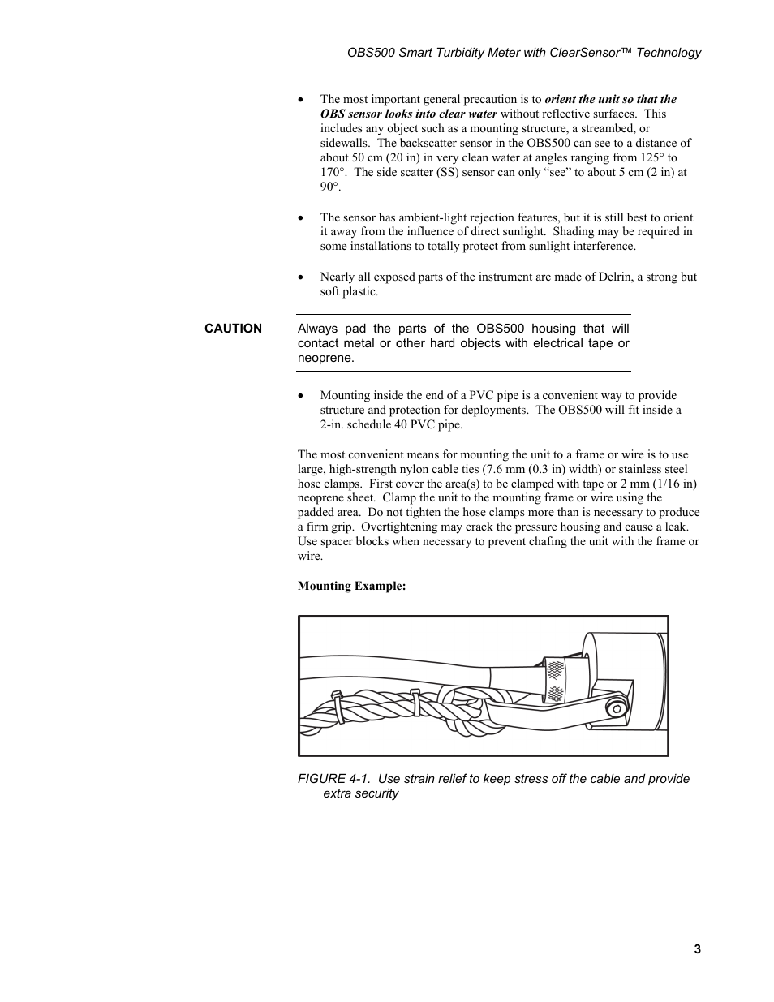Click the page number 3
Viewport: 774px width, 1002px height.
pos(697,949)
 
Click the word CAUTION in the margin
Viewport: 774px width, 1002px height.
pos(233,329)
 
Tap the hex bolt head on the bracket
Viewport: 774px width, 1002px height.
pos(618,708)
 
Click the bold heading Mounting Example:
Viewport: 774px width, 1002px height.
pos(351,586)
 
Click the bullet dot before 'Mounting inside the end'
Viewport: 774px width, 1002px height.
pos(302,396)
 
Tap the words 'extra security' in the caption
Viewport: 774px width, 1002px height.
pos(360,793)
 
